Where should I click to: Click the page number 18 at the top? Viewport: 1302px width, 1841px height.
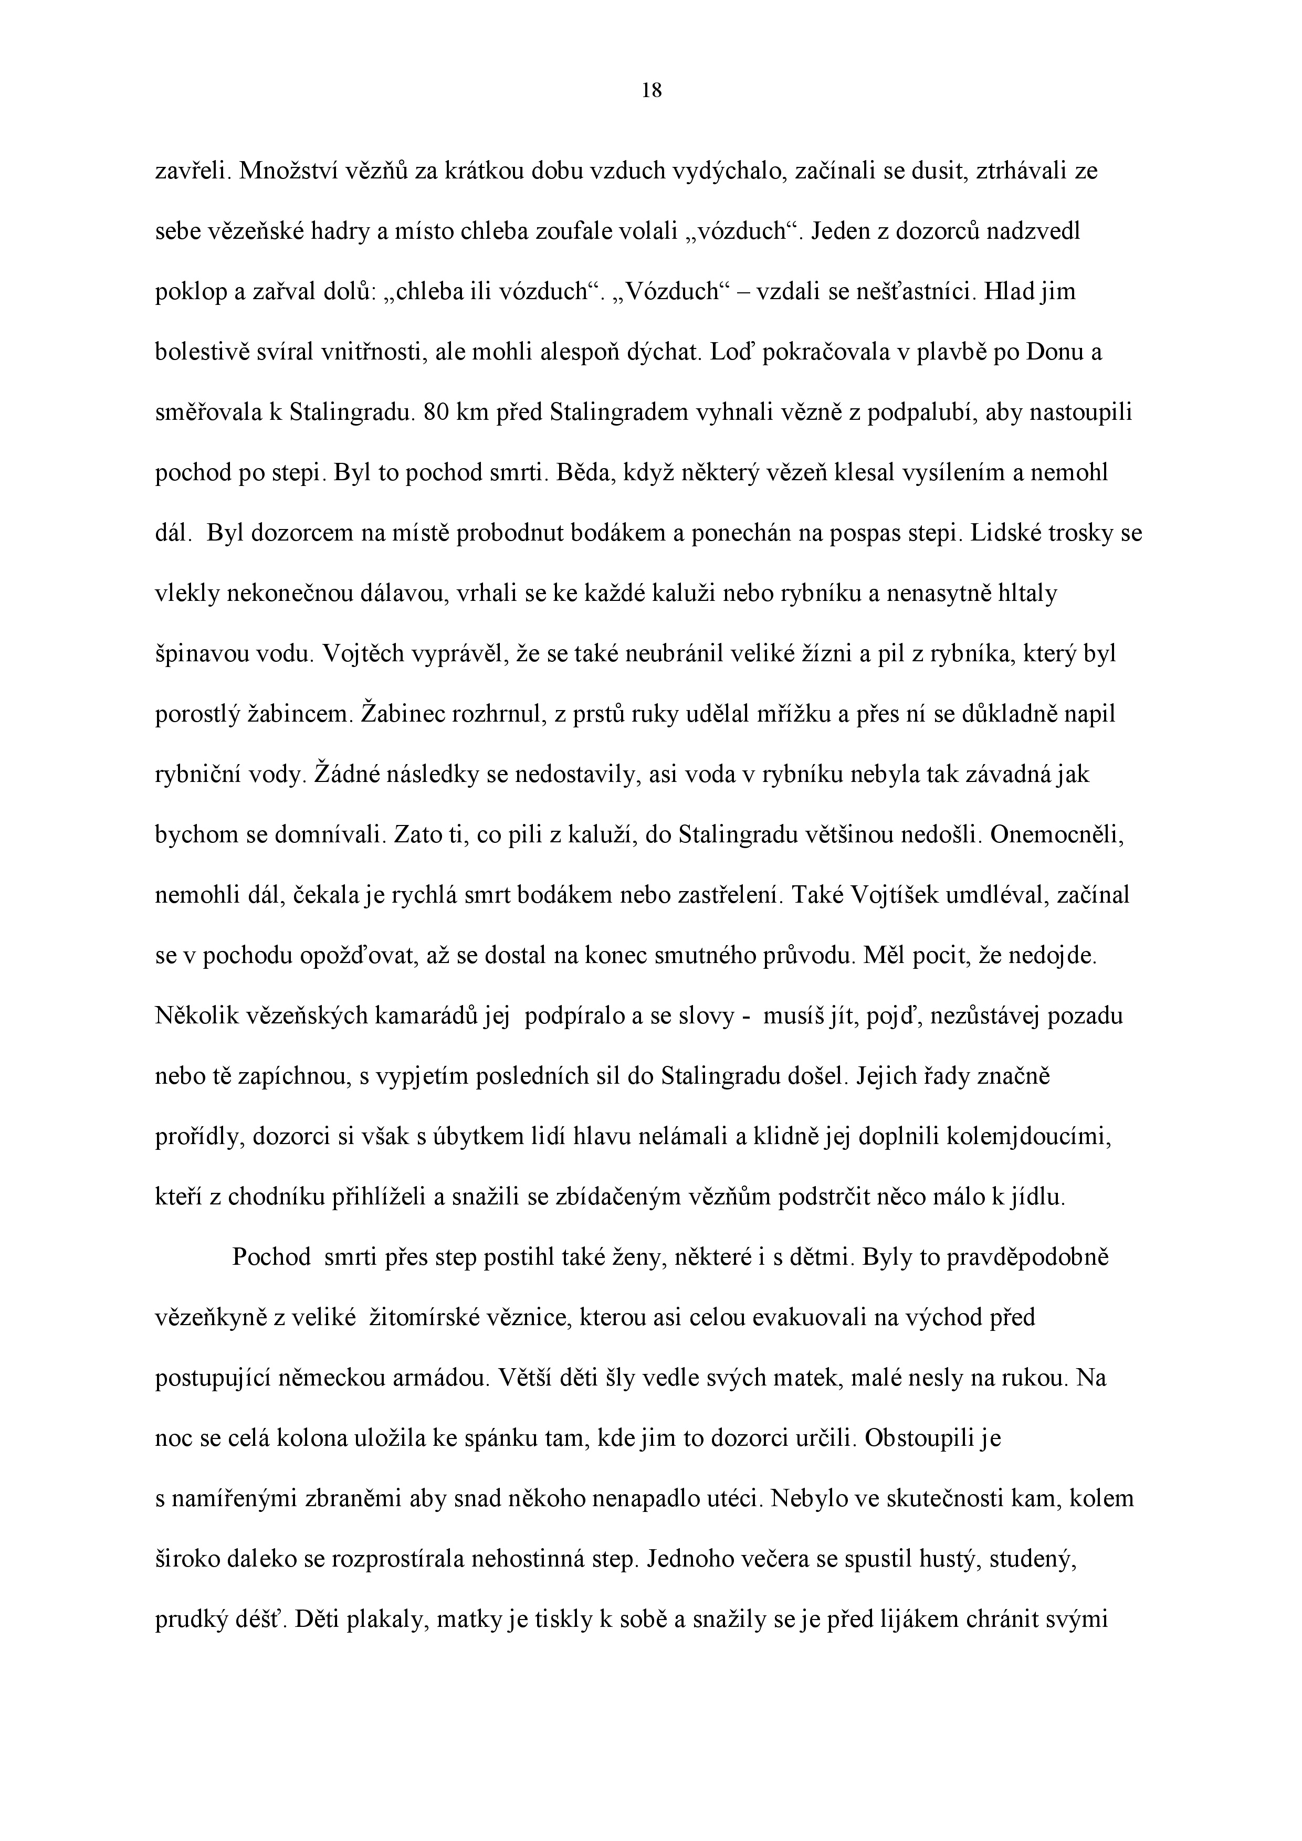652,91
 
